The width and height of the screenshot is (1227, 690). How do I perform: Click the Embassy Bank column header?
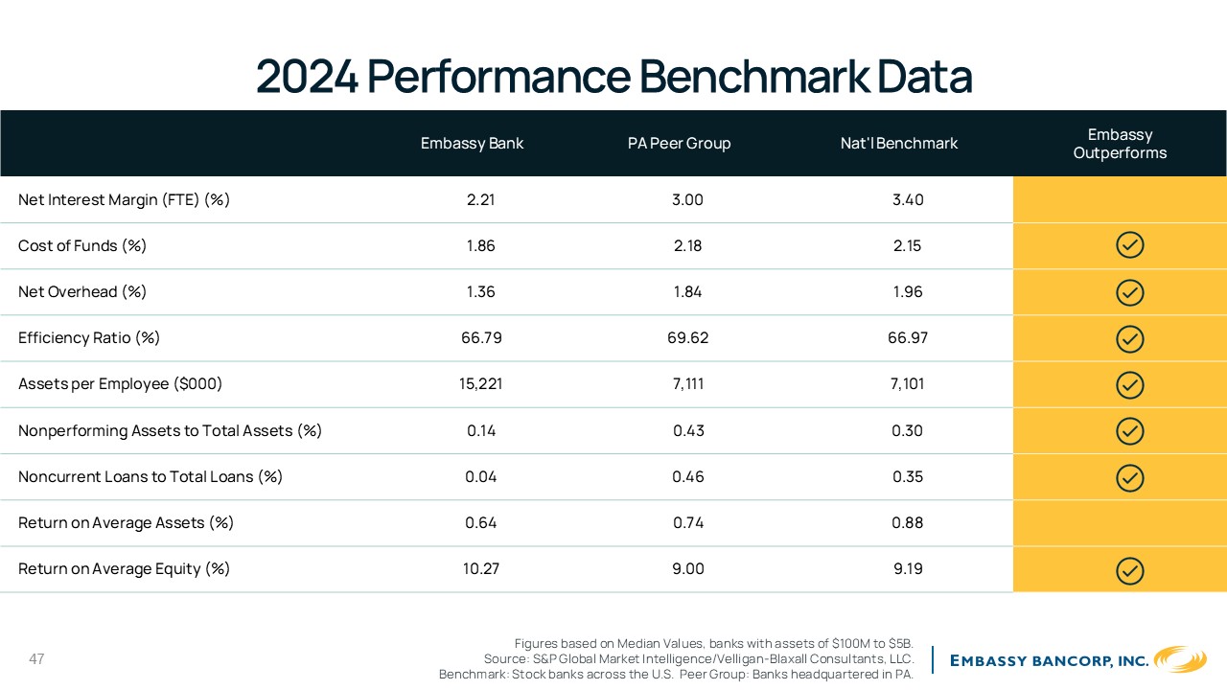[x=472, y=143]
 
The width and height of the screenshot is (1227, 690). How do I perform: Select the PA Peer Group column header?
[x=680, y=143]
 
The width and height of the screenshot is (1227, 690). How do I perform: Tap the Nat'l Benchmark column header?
[x=899, y=143]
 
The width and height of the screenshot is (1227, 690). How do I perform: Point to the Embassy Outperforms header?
[x=1120, y=144]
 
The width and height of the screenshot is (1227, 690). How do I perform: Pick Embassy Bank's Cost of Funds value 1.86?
[x=480, y=245]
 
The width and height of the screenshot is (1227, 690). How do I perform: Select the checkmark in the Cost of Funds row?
[x=1129, y=244]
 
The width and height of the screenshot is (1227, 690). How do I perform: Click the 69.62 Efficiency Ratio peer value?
[x=687, y=337]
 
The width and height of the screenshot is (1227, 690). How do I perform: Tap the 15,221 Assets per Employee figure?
[x=480, y=384]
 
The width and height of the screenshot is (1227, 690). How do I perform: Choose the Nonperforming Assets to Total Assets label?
[x=170, y=431]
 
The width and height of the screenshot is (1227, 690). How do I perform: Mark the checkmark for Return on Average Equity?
[x=1129, y=570]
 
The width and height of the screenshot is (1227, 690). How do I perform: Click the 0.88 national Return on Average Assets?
[x=907, y=522]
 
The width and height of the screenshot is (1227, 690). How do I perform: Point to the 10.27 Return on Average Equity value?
[x=480, y=568]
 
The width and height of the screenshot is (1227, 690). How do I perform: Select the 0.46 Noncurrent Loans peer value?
[x=688, y=476]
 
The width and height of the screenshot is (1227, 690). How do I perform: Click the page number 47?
[x=36, y=658]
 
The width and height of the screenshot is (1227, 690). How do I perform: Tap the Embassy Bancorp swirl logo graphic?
[x=1180, y=658]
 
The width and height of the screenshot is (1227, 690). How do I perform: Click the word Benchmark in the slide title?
[x=754, y=76]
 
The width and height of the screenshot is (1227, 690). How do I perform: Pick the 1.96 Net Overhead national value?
[x=907, y=291]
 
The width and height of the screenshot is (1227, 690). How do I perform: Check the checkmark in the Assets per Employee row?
[x=1129, y=384]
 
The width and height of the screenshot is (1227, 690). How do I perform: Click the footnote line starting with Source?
[x=699, y=658]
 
